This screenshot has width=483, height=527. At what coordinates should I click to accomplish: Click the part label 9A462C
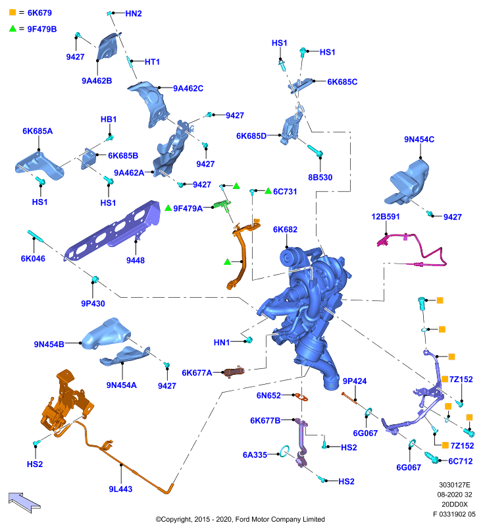188,88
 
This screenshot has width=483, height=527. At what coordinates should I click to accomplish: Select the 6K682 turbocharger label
285,229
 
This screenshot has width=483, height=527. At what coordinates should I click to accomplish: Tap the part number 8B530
320,177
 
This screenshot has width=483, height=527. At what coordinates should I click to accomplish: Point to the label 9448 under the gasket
136,260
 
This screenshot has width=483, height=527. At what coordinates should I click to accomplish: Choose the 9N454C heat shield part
407,182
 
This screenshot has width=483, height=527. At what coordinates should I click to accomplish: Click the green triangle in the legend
13,28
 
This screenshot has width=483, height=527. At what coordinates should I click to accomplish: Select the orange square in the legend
13,13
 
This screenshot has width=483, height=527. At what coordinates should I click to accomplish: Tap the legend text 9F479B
42,29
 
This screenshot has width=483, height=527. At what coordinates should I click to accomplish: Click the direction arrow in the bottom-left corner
24,503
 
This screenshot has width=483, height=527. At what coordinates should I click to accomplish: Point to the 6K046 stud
36,236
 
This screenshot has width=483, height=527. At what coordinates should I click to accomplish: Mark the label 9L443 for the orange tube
120,489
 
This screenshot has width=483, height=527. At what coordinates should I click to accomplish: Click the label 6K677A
197,373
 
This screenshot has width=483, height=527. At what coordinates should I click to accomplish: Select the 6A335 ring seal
285,451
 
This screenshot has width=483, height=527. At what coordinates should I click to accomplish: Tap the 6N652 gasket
301,397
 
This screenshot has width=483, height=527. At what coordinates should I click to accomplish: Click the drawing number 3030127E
455,485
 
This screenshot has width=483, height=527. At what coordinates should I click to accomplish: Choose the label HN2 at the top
134,14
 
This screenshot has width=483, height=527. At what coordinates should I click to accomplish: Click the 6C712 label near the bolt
461,461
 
